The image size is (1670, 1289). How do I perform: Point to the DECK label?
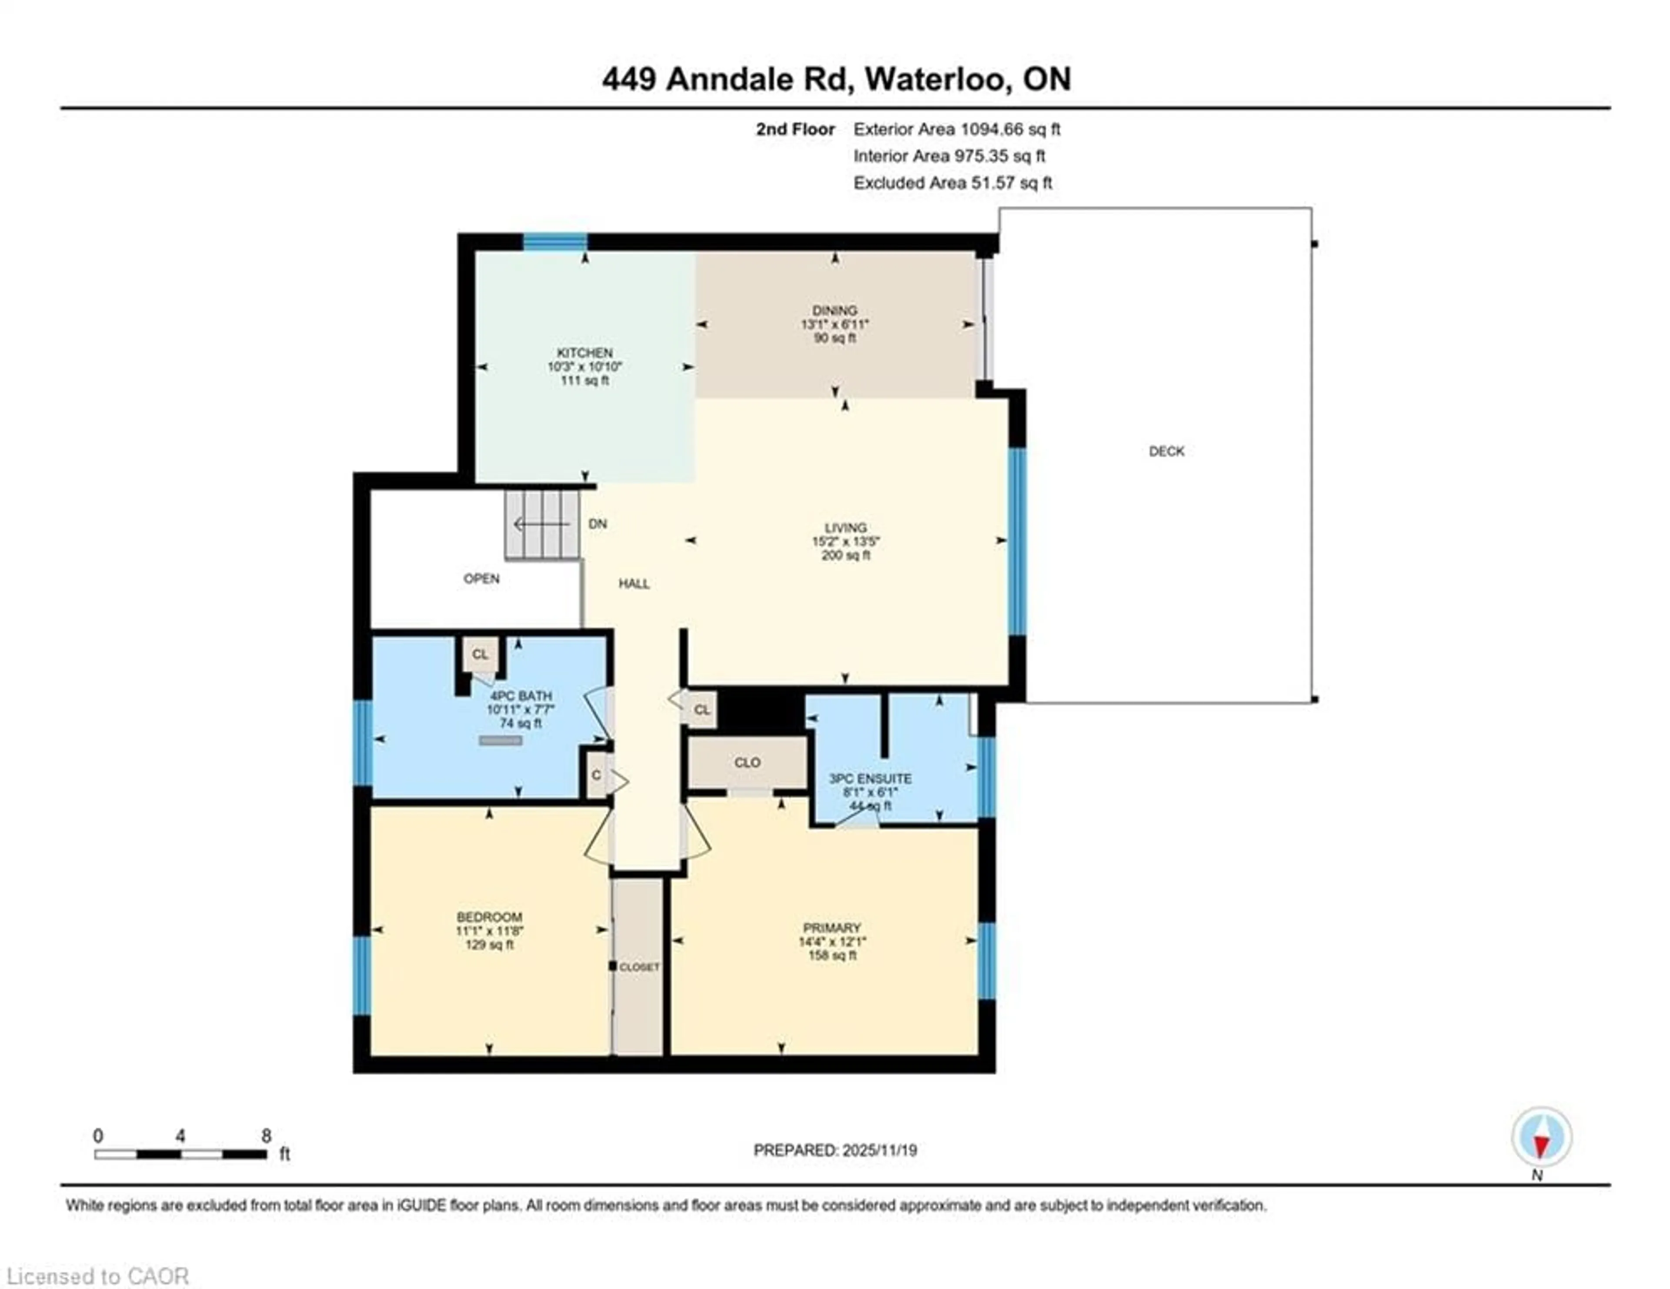point(1166,451)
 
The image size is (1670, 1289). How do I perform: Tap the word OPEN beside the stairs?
point(481,579)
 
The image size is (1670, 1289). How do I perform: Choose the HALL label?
point(634,583)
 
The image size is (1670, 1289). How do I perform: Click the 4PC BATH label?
point(521,696)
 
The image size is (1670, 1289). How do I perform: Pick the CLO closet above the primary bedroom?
point(747,762)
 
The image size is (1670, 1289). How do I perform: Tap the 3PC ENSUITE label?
point(870,778)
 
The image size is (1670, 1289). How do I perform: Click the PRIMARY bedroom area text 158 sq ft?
point(832,956)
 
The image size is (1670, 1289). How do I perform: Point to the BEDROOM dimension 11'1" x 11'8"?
point(489,930)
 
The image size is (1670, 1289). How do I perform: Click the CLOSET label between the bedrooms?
point(639,967)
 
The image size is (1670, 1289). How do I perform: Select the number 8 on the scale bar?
point(266,1135)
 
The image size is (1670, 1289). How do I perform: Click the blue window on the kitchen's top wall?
point(555,242)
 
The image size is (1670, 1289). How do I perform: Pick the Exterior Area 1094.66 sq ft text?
point(957,129)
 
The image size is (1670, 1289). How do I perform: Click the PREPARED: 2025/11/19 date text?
point(835,1150)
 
